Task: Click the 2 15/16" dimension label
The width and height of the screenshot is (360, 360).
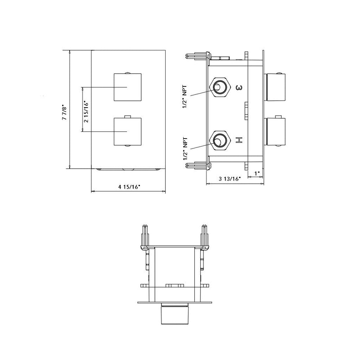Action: [x=85, y=110]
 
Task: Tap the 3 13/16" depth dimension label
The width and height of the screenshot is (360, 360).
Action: [x=230, y=179]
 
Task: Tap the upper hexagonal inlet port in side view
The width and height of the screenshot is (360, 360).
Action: [x=220, y=87]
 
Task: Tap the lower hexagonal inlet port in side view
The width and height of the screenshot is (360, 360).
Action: [x=220, y=141]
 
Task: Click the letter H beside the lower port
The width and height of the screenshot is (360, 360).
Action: [x=239, y=140]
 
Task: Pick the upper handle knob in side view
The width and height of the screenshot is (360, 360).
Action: [x=275, y=87]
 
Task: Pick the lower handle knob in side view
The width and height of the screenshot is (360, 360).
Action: [x=275, y=132]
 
